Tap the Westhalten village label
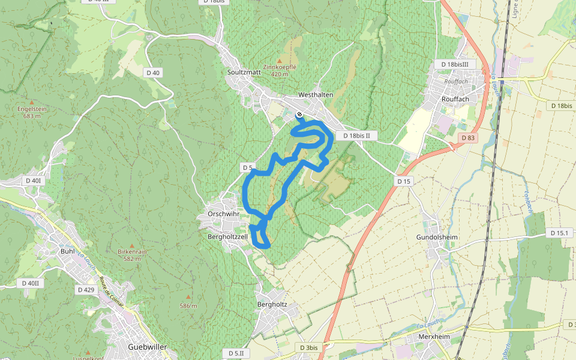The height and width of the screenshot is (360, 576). [315, 95]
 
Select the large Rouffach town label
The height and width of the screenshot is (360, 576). [454, 99]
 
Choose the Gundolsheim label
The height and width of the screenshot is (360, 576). [437, 237]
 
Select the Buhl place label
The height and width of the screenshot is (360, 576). [67, 251]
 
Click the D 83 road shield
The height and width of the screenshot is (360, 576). [469, 138]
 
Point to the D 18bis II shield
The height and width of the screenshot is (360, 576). [356, 136]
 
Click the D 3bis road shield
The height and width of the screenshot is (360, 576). [308, 347]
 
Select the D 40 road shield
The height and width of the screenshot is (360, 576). [153, 73]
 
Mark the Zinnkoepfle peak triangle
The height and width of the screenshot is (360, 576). [279, 61]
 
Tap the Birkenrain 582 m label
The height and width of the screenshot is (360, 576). [132, 255]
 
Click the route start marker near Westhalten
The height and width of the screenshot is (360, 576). [299, 114]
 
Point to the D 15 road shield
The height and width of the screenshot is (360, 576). [403, 181]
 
